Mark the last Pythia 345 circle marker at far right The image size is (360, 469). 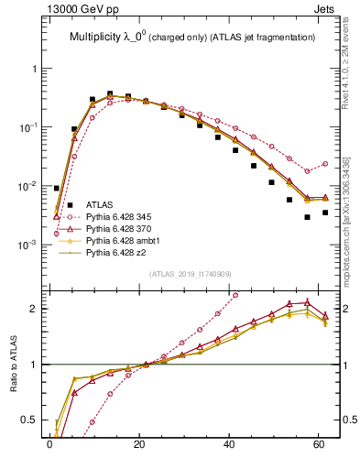[x=325, y=164]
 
